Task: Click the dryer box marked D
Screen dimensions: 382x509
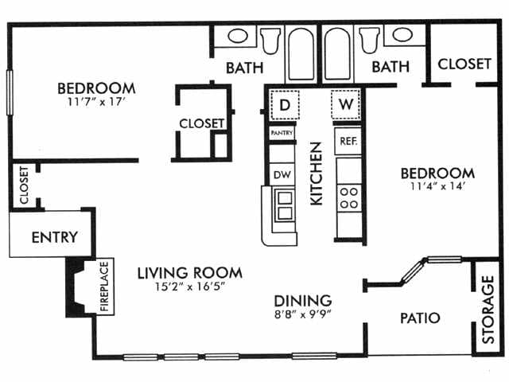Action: click(282, 104)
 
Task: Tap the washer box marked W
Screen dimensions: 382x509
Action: click(347, 103)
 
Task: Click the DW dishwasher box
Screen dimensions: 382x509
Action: click(281, 174)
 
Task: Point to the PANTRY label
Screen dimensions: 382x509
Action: click(282, 132)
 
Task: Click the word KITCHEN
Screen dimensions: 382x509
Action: click(316, 173)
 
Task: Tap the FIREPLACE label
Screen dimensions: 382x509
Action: click(104, 286)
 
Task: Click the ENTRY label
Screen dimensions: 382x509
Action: click(54, 236)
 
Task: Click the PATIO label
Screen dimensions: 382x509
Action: click(419, 318)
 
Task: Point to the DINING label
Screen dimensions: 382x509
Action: click(303, 300)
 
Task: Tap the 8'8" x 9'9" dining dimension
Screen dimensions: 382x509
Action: click(303, 314)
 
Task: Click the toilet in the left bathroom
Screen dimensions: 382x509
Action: click(270, 39)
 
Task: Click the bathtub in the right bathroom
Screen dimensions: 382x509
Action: click(337, 54)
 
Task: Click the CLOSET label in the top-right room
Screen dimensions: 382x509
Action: click(464, 64)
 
